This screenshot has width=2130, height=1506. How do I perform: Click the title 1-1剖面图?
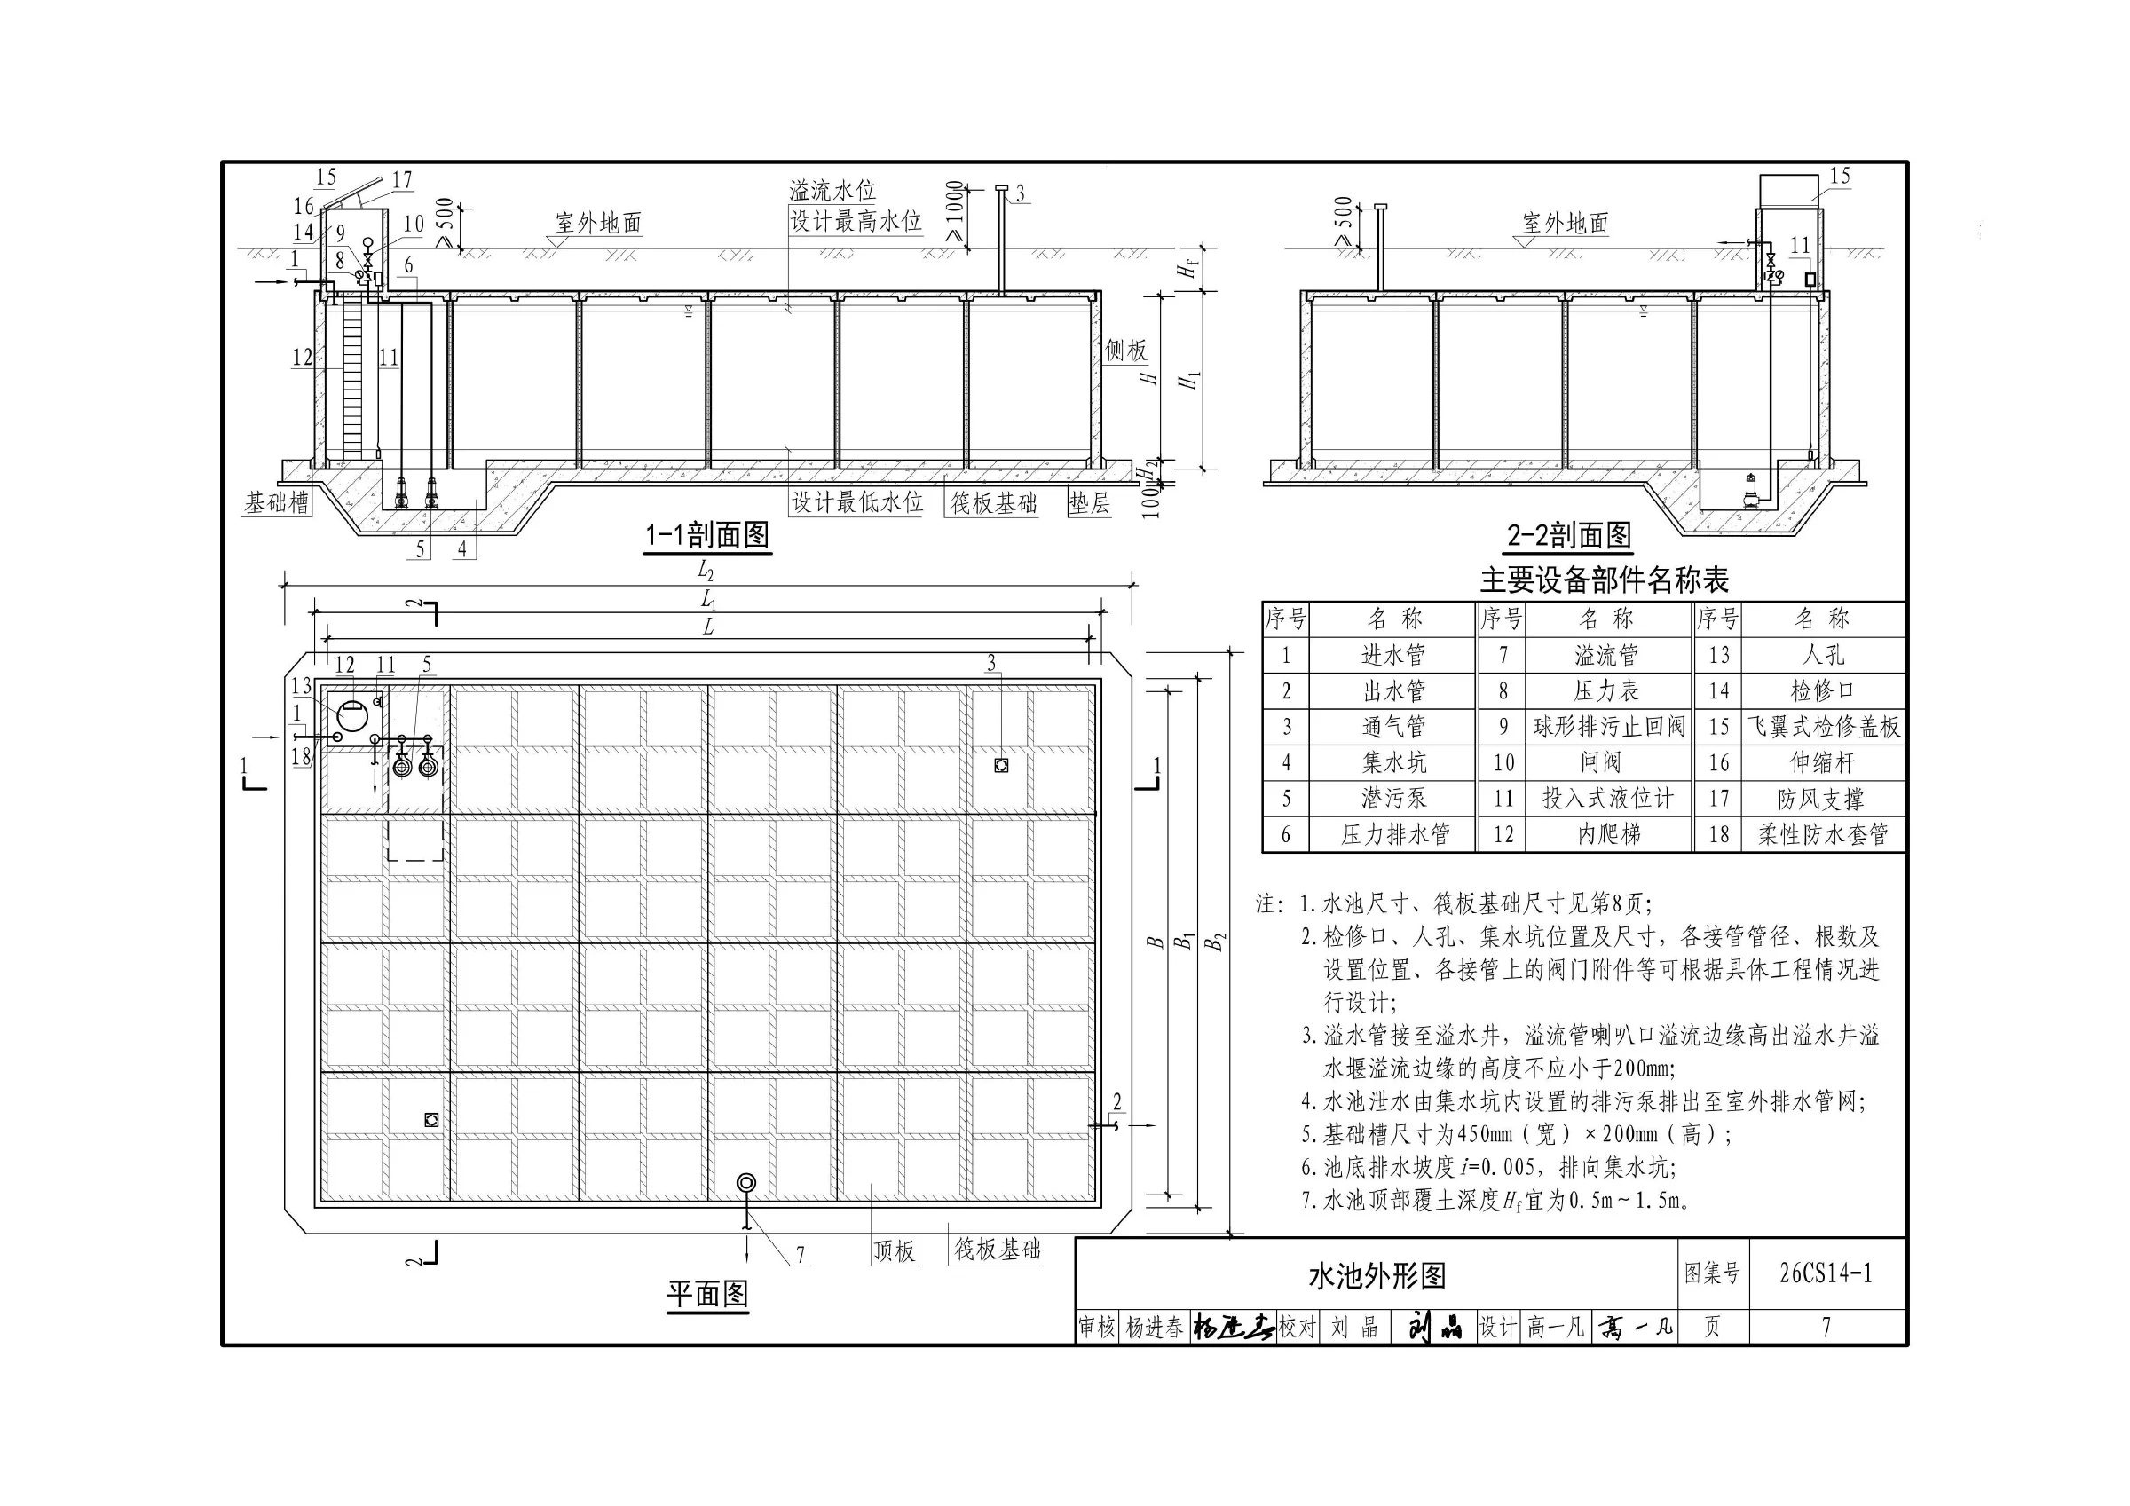coord(708,535)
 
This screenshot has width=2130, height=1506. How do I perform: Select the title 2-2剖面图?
coord(1570,535)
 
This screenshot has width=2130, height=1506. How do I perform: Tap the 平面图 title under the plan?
coord(708,1294)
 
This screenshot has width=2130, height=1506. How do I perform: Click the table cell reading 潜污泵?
coord(1393,798)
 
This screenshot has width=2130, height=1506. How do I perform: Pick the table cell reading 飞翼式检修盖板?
coord(1824,727)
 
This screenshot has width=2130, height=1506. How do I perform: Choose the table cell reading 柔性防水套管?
coord(1824,834)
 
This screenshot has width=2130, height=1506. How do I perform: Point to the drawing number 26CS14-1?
coord(1826,1273)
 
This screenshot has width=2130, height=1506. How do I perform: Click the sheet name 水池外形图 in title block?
coord(1377,1276)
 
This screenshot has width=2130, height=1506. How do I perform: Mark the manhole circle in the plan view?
coord(352,716)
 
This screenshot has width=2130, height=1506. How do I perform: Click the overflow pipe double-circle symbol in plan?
coord(745,1183)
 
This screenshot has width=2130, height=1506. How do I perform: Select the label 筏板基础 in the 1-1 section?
coord(992,503)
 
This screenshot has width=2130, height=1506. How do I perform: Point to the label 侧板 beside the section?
coord(1125,350)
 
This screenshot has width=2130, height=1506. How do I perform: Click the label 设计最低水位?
coord(856,502)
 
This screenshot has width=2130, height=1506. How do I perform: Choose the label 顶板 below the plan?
coord(895,1250)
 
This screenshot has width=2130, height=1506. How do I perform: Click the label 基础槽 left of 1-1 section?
coord(276,502)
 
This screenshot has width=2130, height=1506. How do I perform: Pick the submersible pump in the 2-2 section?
coord(1750,490)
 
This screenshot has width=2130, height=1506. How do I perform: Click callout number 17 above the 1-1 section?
coord(403,179)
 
